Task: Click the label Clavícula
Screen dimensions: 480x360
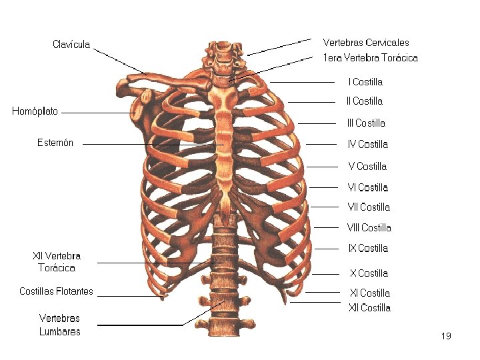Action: (x=71, y=45)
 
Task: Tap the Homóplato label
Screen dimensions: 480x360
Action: (x=35, y=111)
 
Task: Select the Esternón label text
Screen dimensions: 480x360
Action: (x=55, y=142)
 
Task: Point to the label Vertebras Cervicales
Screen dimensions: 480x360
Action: (x=366, y=43)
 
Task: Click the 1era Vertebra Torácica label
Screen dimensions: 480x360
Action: (x=370, y=58)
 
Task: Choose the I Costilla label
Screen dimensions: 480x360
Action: (x=365, y=82)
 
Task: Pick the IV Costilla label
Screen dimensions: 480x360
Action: (x=367, y=144)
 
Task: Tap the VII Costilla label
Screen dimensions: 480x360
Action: (x=369, y=207)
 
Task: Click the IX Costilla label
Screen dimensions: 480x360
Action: (x=368, y=249)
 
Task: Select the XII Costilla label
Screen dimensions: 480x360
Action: (x=369, y=308)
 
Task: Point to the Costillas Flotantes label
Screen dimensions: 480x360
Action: (x=57, y=291)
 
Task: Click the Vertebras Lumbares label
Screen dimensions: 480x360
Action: (x=59, y=325)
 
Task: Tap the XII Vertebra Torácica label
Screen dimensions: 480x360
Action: (x=57, y=262)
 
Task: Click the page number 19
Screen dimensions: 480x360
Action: (x=446, y=336)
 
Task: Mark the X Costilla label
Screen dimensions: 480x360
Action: (x=369, y=273)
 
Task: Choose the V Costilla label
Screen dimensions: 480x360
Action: (x=367, y=167)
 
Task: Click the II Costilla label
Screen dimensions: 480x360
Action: (x=365, y=101)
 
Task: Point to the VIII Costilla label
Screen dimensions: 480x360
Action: (x=369, y=228)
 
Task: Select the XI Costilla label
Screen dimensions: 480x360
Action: (x=370, y=293)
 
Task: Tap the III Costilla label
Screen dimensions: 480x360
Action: (x=366, y=123)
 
